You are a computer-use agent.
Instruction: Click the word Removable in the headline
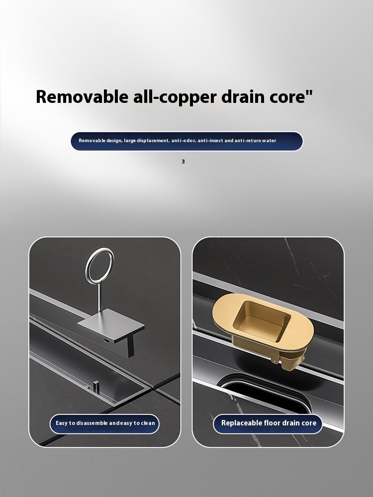click(82, 96)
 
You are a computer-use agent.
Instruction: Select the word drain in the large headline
click(243, 96)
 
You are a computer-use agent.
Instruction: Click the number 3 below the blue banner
click(183, 162)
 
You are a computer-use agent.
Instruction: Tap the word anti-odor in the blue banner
click(184, 141)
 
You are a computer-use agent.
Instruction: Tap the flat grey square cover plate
click(111, 325)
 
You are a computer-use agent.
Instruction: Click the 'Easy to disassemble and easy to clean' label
click(105, 423)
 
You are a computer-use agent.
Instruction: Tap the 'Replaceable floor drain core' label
click(269, 423)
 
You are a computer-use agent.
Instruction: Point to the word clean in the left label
click(148, 423)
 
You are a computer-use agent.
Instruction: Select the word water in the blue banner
click(269, 141)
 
